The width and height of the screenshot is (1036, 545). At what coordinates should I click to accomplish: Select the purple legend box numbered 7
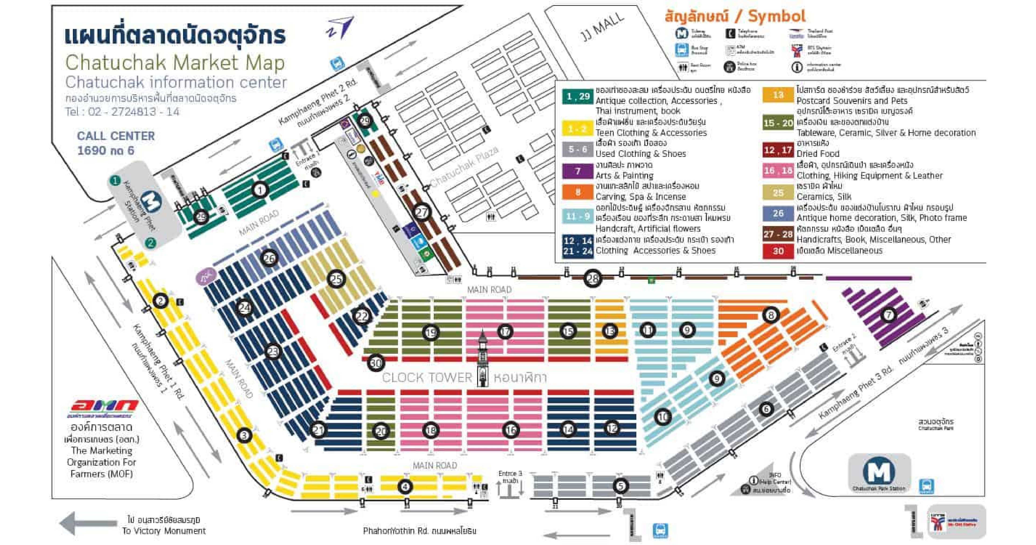pos(578,171)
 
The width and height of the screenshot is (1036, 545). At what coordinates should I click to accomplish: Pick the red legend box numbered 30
pos(778,251)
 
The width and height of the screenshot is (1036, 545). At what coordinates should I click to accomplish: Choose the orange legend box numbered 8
pos(578,192)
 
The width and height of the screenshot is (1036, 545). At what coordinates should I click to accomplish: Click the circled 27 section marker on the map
pos(422,212)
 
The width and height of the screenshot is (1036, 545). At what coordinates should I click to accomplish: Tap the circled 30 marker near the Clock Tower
pos(376,363)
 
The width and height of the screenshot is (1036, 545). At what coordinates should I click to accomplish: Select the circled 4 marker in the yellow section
pos(405,487)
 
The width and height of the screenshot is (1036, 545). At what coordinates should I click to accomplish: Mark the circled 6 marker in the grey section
pos(766,410)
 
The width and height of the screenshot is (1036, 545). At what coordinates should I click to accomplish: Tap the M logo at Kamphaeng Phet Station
pos(152,202)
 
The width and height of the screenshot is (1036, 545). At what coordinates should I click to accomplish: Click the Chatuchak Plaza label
pos(465,166)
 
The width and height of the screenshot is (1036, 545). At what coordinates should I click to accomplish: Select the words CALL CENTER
pos(116,136)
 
